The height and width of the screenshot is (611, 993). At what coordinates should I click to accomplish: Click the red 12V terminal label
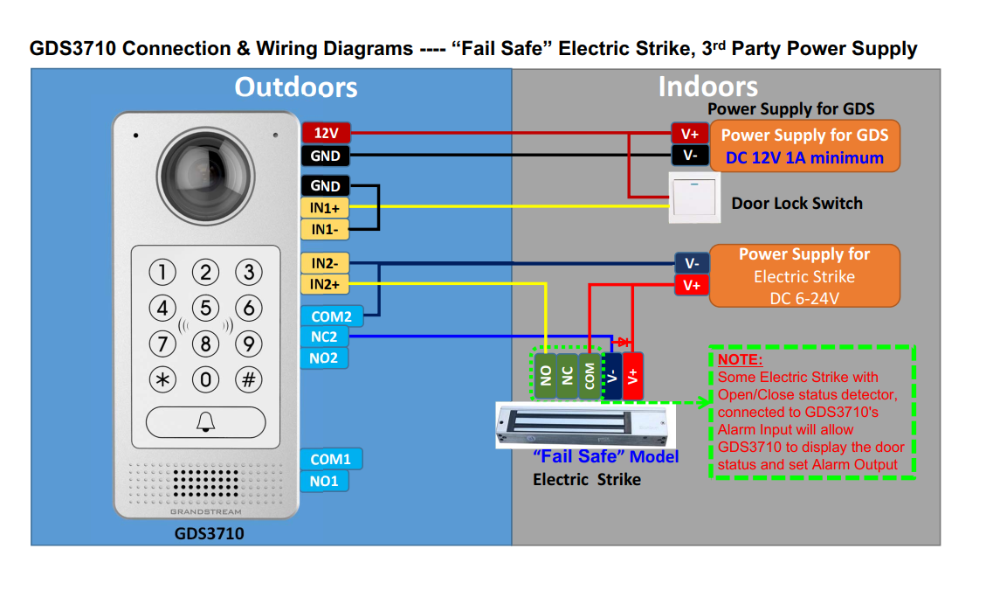[x=326, y=133]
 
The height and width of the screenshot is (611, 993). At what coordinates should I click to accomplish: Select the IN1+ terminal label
[x=324, y=208]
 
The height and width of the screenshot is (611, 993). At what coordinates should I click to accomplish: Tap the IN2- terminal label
[x=324, y=263]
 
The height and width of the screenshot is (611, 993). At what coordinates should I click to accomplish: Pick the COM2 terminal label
[x=331, y=316]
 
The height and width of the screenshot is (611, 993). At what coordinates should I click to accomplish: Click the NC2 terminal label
[x=324, y=337]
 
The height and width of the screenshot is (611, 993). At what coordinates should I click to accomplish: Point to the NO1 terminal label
[x=324, y=481]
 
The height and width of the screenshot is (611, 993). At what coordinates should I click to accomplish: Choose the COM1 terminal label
[x=331, y=459]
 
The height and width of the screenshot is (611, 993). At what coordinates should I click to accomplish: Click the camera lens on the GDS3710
[x=206, y=177]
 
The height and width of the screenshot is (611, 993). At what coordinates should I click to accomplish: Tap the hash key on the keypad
[x=249, y=380]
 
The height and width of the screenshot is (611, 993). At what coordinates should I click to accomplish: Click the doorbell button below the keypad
[x=206, y=422]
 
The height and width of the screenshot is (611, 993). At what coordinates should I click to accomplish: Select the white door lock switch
[x=694, y=198]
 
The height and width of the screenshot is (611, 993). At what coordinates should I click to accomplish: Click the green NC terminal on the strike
[x=568, y=377]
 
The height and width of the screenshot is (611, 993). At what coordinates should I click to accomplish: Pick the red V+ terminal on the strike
[x=632, y=377]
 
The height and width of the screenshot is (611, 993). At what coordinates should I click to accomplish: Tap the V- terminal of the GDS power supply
[x=690, y=156]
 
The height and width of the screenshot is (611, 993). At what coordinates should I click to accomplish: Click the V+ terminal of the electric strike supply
[x=692, y=285]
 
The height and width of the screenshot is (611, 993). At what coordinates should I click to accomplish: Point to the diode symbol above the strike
[x=624, y=343]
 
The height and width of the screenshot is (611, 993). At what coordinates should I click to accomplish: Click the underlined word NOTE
[x=740, y=359]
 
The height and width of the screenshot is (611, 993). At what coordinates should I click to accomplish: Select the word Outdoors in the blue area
[x=296, y=87]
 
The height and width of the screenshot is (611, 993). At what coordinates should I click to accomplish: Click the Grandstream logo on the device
[x=206, y=511]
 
